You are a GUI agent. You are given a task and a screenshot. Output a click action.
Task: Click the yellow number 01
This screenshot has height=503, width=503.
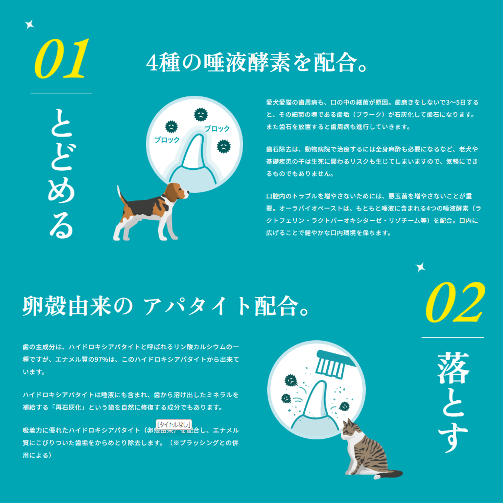point(62,58)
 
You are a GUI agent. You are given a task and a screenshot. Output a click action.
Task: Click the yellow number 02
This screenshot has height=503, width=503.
point(455,302)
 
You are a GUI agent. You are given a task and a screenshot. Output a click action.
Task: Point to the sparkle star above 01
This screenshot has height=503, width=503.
point(30,25)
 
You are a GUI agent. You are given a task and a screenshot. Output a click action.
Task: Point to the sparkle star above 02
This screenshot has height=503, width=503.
point(421,267)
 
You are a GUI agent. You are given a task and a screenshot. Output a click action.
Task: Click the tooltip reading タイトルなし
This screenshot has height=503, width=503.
point(173,425)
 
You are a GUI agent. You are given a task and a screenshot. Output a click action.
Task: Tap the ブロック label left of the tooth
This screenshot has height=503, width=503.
point(167,140)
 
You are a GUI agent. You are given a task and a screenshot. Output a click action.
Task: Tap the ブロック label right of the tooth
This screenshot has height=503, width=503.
point(217,129)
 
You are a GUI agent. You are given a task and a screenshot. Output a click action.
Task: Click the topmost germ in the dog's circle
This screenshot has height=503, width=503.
point(201,114)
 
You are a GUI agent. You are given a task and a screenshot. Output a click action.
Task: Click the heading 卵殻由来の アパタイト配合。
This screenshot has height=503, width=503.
point(166,306)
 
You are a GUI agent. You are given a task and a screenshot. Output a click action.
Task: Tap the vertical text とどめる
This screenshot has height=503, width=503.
point(61,173)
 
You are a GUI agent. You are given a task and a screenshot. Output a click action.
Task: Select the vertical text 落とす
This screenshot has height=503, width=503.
point(453,402)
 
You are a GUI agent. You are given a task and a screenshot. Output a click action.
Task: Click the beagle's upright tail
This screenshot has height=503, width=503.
point(121,194)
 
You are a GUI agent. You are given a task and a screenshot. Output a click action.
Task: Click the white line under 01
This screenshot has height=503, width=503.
point(61,93)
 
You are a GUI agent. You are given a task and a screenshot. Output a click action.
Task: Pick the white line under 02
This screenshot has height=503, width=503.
point(453,337)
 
